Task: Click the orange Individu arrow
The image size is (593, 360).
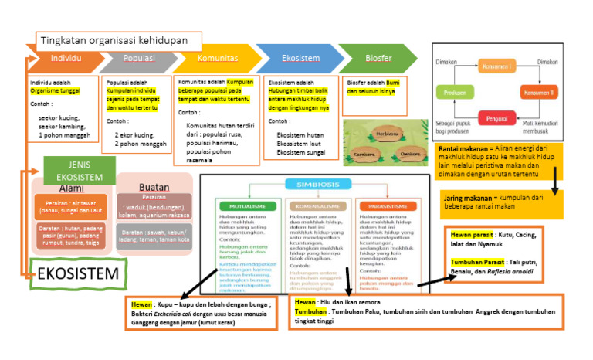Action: click(x=65, y=59)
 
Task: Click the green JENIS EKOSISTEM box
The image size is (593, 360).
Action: click(x=80, y=170)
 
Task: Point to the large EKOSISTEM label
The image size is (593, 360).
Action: click(x=78, y=274)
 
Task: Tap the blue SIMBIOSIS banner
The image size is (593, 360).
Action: click(x=314, y=185)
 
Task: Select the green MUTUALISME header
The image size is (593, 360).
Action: click(x=248, y=206)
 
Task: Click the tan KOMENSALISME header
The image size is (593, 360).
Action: click(x=317, y=206)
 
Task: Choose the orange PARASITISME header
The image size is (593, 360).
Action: click(x=386, y=206)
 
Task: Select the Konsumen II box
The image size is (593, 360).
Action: click(x=540, y=92)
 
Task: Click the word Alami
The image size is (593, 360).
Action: click(x=71, y=188)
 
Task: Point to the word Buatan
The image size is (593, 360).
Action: click(x=154, y=188)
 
